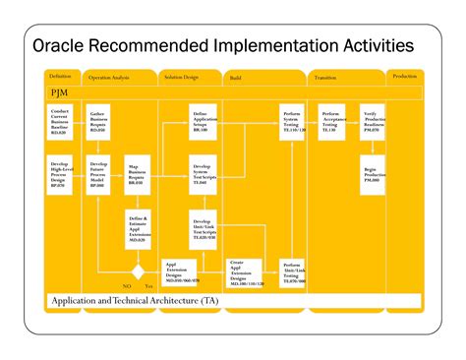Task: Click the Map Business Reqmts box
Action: click(x=139, y=175)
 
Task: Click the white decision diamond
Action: click(x=139, y=271)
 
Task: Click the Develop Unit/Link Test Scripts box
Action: click(x=205, y=230)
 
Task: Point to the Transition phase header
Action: click(x=325, y=77)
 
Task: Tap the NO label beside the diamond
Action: click(x=128, y=285)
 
